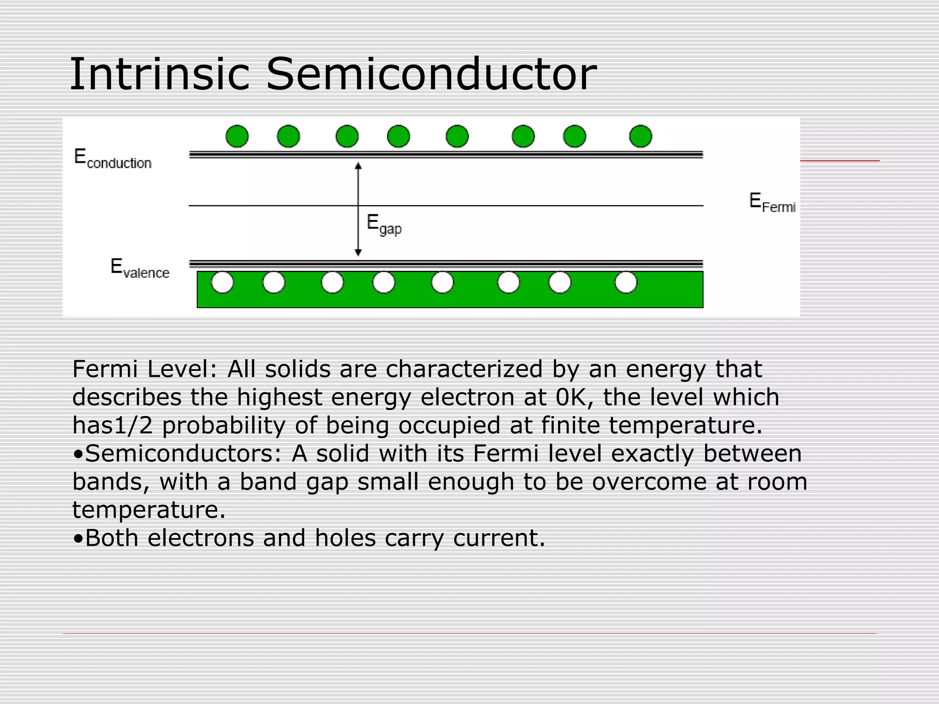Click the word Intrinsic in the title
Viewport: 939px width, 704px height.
tap(160, 74)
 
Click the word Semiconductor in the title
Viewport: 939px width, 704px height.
tap(431, 74)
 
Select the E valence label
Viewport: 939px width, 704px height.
tap(140, 269)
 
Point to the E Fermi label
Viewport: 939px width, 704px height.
tap(772, 203)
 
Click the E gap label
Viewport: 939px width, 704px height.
tap(384, 225)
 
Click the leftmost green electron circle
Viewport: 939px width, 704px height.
tap(237, 136)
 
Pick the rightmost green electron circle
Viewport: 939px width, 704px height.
tap(641, 136)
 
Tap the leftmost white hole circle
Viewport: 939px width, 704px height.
tap(222, 282)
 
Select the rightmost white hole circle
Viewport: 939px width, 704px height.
tap(626, 282)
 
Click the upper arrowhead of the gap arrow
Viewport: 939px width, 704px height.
tap(359, 165)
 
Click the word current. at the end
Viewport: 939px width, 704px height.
tap(499, 538)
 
